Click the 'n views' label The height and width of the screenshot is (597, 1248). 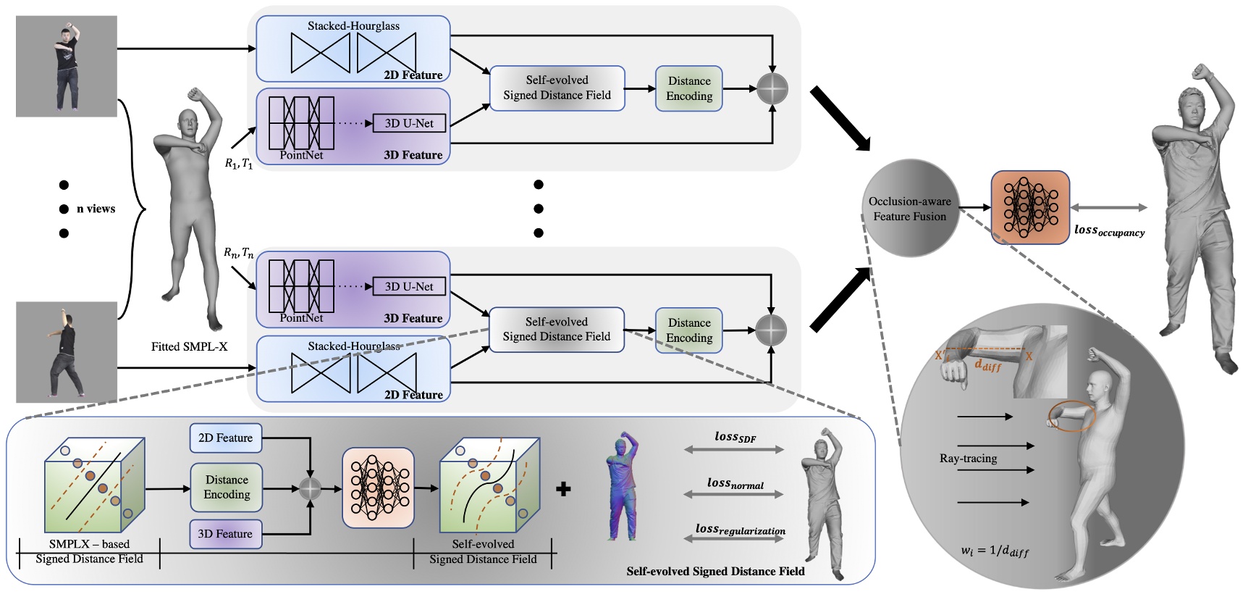pos(96,209)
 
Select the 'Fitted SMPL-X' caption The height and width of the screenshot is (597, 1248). pos(189,347)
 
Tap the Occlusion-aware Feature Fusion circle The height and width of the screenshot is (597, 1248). pos(910,209)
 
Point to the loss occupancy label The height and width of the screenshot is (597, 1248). pos(1109,230)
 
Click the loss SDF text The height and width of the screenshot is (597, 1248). pos(735,437)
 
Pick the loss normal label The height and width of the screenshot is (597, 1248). pos(735,483)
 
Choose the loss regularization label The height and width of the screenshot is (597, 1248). pos(740,530)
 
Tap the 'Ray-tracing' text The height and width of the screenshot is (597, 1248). pos(968,459)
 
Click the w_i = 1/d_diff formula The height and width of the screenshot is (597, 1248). pos(995,551)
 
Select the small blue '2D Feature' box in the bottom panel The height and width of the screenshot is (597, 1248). pos(225,438)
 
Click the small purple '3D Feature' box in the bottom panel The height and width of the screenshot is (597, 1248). pos(225,534)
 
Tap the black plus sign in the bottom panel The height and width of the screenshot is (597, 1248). pos(563,489)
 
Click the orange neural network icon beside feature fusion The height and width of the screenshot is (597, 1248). pos(1029,208)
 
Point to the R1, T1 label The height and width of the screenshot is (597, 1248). pos(239,164)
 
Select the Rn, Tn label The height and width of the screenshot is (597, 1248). pos(238,253)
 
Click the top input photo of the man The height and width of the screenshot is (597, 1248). pos(67,67)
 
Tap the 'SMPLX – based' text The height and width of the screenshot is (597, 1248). pos(89,544)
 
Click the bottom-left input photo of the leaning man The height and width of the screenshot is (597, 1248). pos(67,352)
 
